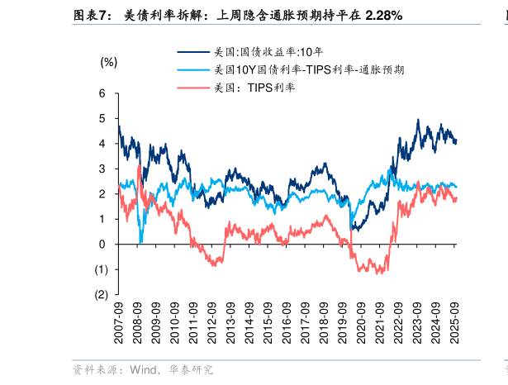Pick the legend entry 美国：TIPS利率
click(254, 87)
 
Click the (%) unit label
click(109, 62)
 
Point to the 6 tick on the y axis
click(102, 93)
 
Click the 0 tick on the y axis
click(102, 244)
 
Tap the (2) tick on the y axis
click(101, 294)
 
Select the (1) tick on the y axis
click(101, 269)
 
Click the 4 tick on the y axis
click(102, 144)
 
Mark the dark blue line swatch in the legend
click(192, 51)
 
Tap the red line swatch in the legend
click(192, 87)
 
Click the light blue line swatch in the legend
click(192, 69)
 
